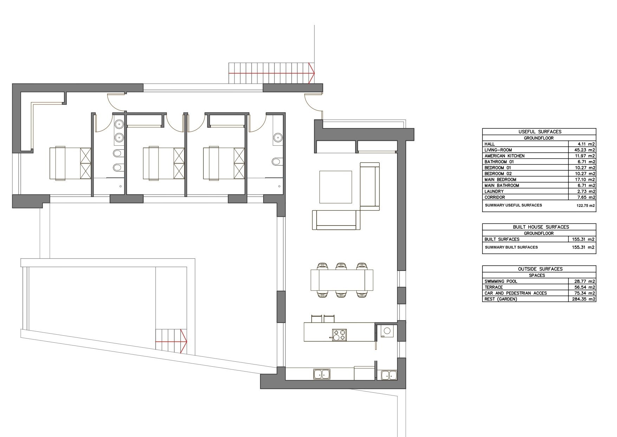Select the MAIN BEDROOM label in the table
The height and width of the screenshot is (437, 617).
pos(500,179)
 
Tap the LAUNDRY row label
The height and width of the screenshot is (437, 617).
pos(494,191)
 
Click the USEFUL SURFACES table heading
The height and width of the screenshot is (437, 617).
pos(540,132)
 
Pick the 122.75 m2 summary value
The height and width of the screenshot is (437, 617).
pos(586,205)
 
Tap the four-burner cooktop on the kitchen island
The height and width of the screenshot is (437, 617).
pos(339,335)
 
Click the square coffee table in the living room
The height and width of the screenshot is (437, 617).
pos(336,187)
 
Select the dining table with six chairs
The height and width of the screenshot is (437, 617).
pos(342,280)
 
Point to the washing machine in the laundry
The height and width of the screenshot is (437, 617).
pos(387,331)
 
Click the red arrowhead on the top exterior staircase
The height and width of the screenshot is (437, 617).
pos(311,73)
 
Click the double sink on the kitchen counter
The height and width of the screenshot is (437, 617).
pos(322,374)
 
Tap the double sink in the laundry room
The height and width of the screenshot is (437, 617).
pos(389,375)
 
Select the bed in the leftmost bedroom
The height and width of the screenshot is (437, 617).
pos(70,164)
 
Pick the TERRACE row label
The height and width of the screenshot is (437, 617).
pos(494,287)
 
